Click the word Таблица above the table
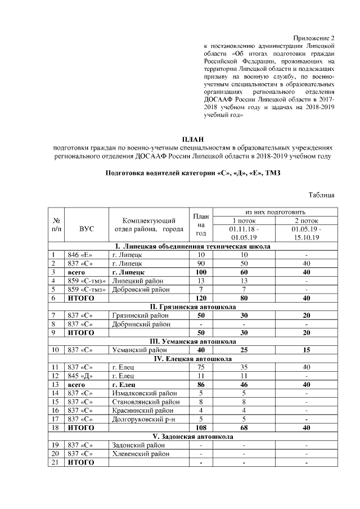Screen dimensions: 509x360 pyautogui.click(x=322, y=195)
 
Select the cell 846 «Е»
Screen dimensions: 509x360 pyautogui.click(x=79, y=255)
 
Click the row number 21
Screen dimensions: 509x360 pyautogui.click(x=55, y=462)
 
